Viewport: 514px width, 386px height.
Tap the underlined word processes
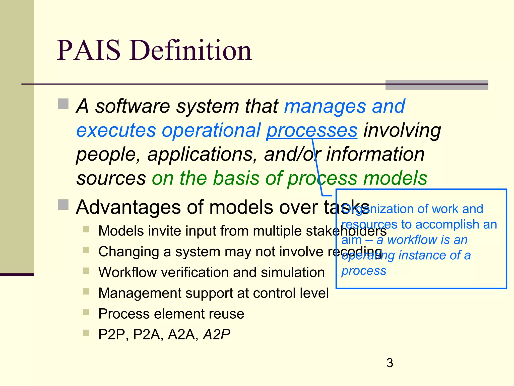pyautogui.click(x=312, y=130)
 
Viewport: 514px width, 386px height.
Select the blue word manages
pyautogui.click(x=325, y=106)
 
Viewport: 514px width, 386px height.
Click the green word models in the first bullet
pyautogui.click(x=395, y=178)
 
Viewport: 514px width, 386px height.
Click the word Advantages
pyautogui.click(x=128, y=207)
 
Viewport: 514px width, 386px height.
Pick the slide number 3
pyautogui.click(x=390, y=363)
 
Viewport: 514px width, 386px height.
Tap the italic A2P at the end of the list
pyautogui.click(x=217, y=334)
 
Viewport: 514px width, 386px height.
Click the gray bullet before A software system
pyautogui.click(x=63, y=104)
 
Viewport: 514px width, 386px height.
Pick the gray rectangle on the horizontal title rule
pyautogui.click(x=436, y=85)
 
